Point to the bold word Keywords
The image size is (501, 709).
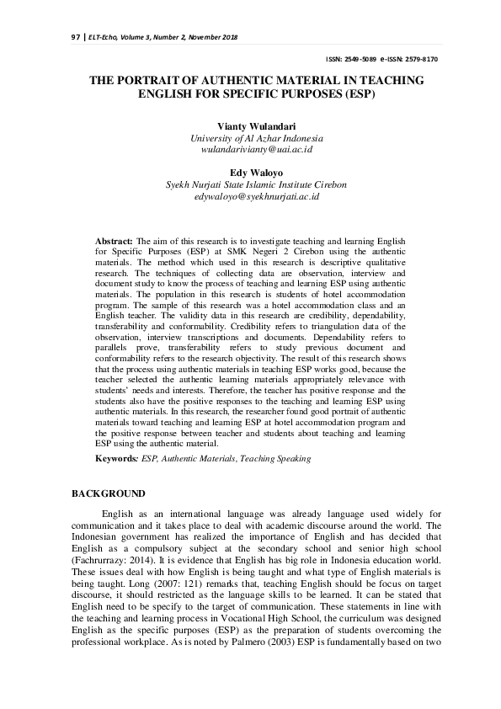coord(116,459)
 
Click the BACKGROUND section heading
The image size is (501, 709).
coord(109,493)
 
